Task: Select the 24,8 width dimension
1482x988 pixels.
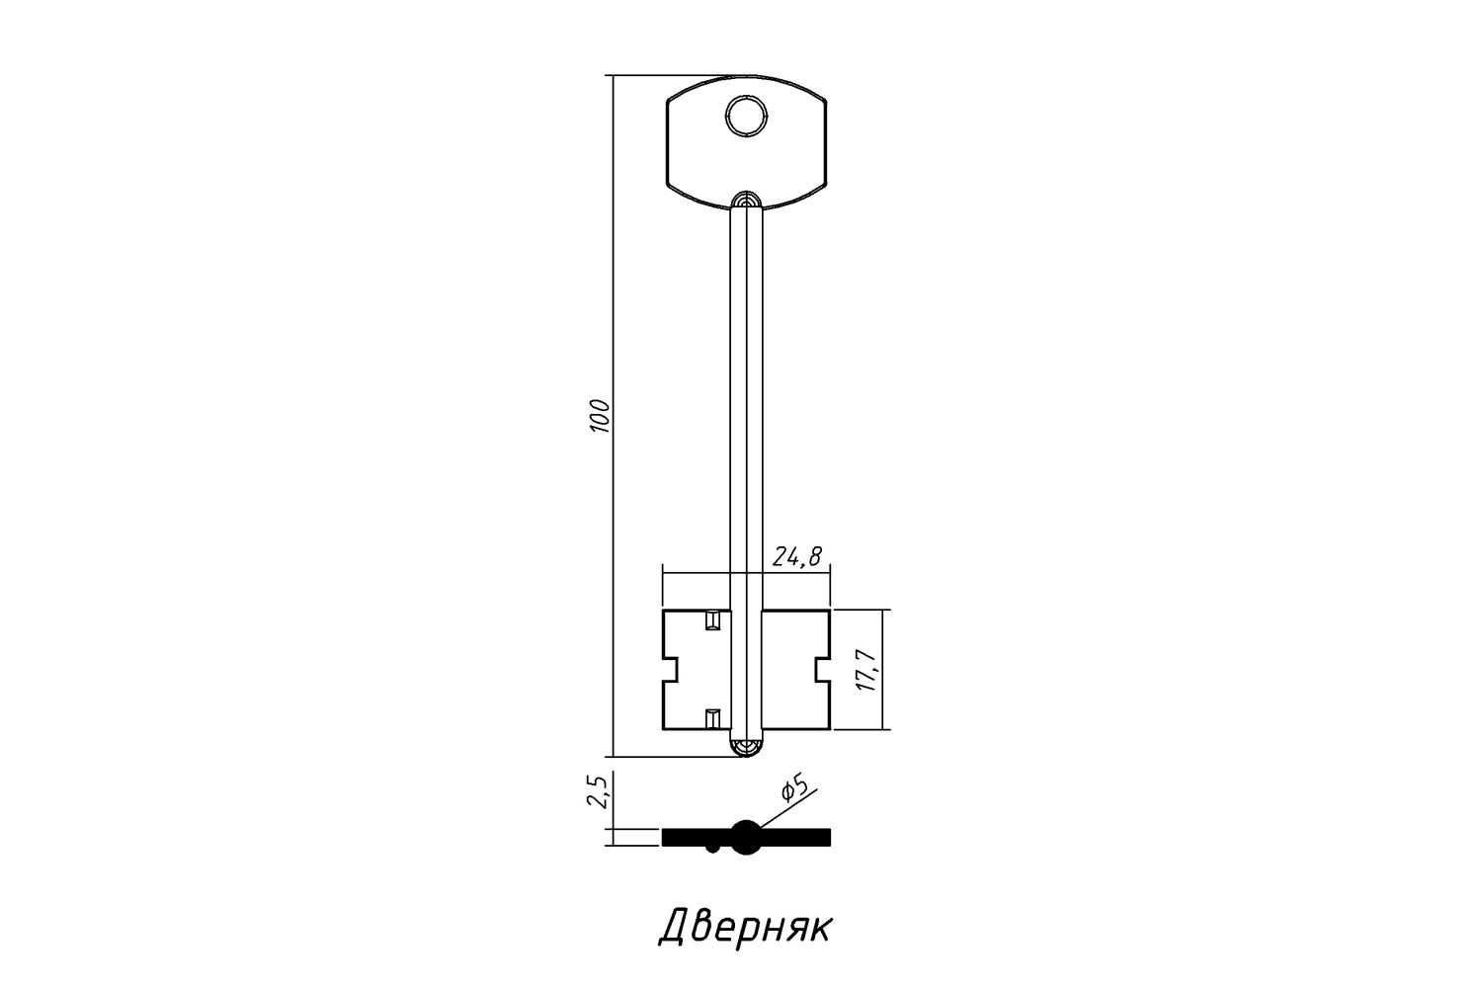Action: point(796,557)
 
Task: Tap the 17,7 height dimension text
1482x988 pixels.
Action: point(866,670)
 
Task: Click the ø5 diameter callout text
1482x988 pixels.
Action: point(794,790)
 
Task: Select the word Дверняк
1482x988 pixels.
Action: point(745,928)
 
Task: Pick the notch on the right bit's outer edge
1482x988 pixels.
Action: point(822,669)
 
